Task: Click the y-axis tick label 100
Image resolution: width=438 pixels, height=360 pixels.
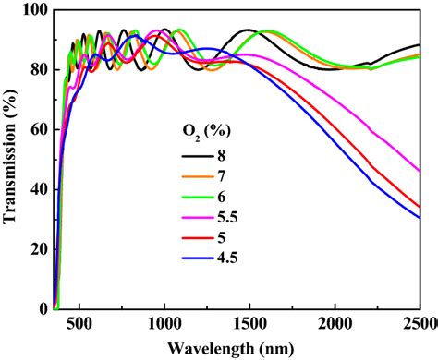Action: tap(35, 10)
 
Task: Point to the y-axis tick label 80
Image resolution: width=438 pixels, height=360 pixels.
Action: tap(39, 70)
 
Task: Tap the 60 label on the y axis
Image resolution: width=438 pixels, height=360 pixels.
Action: tap(39, 129)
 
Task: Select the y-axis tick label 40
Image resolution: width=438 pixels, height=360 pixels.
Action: tap(39, 189)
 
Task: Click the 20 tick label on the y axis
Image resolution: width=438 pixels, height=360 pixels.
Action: tap(39, 249)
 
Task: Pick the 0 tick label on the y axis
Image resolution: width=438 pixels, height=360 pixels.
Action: tap(43, 308)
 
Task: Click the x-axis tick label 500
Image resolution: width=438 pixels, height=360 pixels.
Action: tap(79, 324)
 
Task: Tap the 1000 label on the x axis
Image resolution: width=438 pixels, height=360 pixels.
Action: tap(164, 324)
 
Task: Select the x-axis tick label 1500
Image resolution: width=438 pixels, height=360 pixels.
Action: tap(249, 324)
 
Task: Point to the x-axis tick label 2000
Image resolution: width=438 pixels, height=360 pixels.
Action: tap(335, 324)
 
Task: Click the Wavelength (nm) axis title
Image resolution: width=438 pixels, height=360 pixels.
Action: tap(231, 349)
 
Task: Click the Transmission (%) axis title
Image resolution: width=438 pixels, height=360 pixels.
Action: tap(9, 156)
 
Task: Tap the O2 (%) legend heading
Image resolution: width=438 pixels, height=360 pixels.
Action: tap(206, 132)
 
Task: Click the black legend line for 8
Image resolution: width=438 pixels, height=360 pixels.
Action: tap(198, 156)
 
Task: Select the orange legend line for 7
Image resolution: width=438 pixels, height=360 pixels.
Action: tap(198, 176)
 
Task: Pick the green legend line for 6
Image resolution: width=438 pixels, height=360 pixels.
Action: tap(198, 198)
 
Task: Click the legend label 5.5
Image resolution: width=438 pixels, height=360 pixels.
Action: tap(227, 218)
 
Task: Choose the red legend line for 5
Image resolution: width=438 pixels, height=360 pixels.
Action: tap(198, 238)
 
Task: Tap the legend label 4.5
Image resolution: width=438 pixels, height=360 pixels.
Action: tap(227, 258)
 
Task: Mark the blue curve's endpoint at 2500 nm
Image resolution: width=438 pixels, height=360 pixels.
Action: tap(420, 218)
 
